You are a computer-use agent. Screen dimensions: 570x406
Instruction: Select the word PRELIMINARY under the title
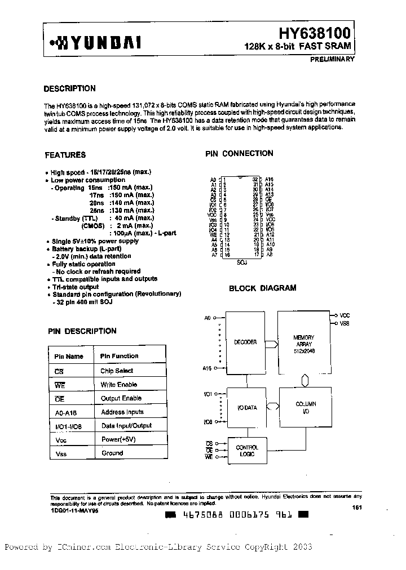(x=333, y=59)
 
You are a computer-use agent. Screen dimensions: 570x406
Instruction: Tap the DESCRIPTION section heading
(x=69, y=88)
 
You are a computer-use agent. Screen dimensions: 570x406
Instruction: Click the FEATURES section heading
(x=65, y=155)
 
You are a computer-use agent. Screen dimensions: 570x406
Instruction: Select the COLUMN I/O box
(x=306, y=407)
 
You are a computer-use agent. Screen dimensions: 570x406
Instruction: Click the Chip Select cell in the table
(x=117, y=371)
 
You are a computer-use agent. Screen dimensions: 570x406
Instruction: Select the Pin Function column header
(x=119, y=356)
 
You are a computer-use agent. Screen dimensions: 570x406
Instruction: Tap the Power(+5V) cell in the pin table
(x=118, y=439)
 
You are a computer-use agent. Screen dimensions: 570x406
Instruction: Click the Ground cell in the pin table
(x=112, y=453)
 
